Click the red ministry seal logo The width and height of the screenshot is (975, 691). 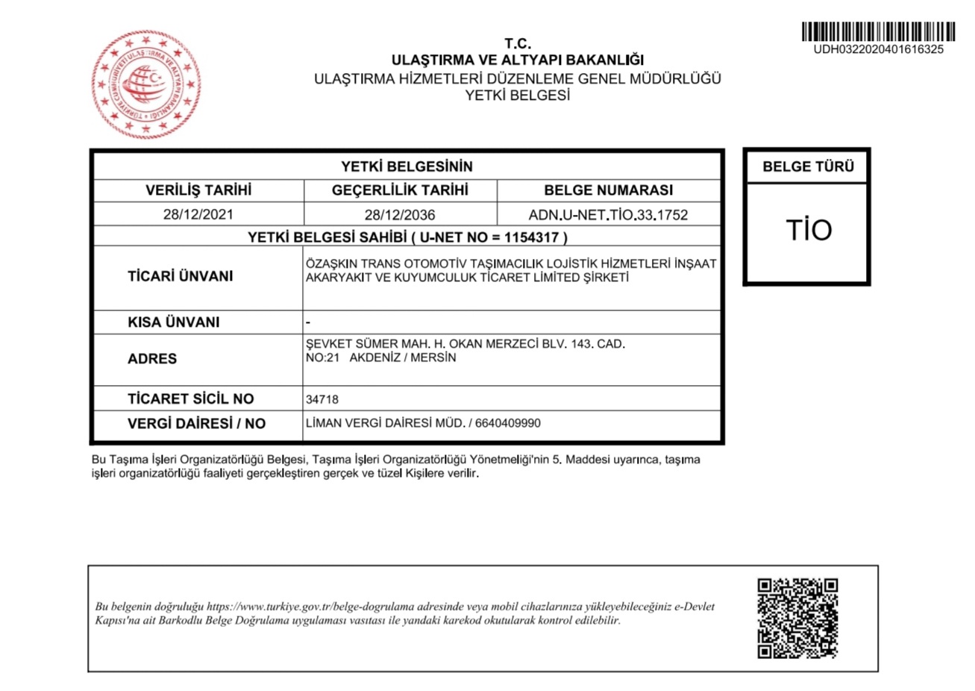point(146,84)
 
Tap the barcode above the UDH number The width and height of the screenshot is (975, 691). point(878,32)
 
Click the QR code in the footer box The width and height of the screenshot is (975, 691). point(797,618)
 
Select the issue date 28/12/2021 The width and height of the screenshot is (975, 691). point(198,215)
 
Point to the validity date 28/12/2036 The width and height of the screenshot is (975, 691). point(400,215)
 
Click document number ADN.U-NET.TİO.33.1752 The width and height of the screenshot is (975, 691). point(608,215)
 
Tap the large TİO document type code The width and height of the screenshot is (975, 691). point(807,230)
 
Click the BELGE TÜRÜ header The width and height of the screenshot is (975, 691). point(808,167)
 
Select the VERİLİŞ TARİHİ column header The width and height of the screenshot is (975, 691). point(198,190)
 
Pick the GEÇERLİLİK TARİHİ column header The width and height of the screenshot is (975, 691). point(400,190)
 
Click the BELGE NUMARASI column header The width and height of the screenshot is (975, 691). point(608,190)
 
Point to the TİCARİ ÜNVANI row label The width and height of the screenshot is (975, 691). point(180,276)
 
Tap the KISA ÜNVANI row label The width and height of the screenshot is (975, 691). point(173,322)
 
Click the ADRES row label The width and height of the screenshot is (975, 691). point(152,359)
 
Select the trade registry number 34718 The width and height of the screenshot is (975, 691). point(322,399)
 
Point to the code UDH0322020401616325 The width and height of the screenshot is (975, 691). point(878,50)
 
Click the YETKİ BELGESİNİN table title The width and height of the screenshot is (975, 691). point(407,166)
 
